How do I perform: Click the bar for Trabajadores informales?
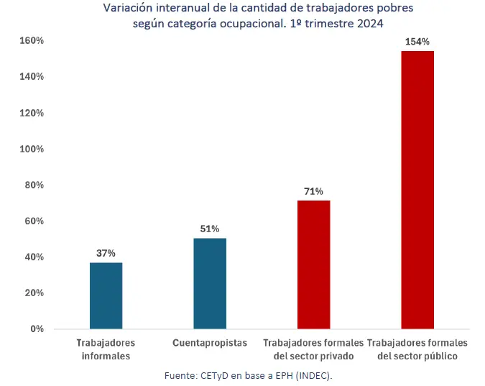[x=106, y=295]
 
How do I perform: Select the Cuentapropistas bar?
[x=210, y=283]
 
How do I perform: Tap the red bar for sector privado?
[x=313, y=265]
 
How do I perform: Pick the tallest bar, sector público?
[x=417, y=190]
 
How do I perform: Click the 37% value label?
[x=106, y=253]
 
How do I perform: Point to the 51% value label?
[x=210, y=229]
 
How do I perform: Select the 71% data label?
[x=313, y=191]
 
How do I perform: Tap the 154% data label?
[x=417, y=42]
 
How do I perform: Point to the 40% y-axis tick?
[x=32, y=257]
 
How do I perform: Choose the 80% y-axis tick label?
[x=32, y=185]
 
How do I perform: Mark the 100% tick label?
[x=29, y=149]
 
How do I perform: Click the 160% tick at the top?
[x=29, y=41]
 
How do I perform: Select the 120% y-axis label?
[x=29, y=113]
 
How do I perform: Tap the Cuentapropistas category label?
[x=210, y=343]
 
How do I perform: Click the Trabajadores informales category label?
[x=106, y=349]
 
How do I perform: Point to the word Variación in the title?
[x=127, y=8]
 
